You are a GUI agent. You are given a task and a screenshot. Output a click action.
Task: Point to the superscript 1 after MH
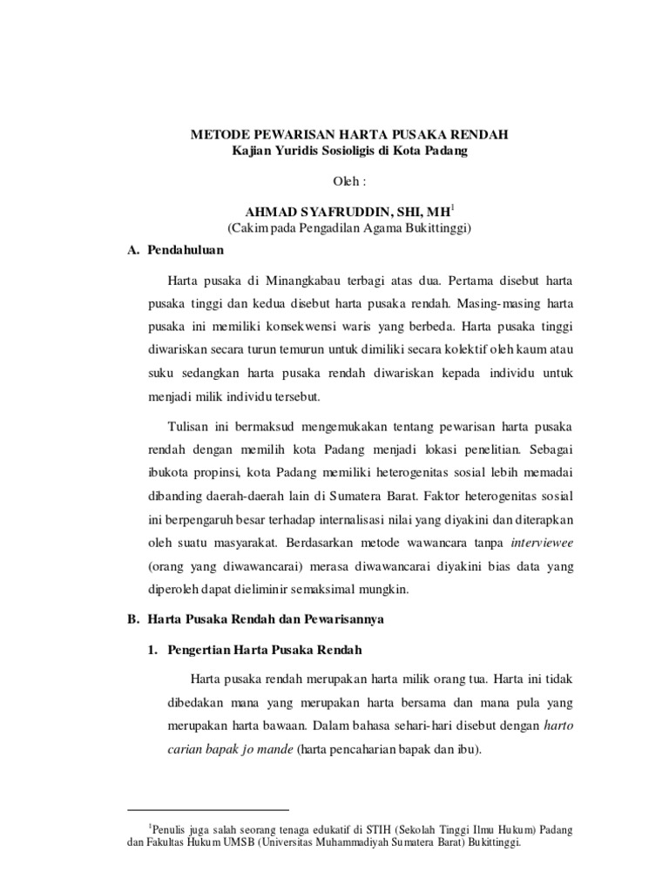pyautogui.click(x=453, y=208)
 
